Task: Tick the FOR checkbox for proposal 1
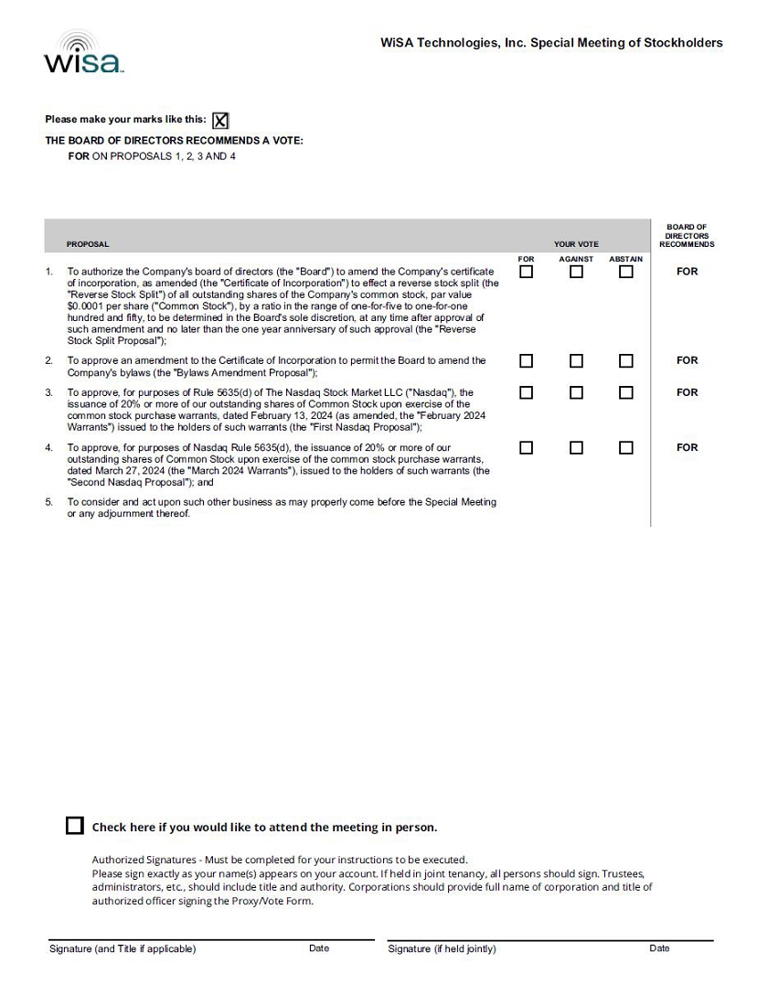tap(526, 272)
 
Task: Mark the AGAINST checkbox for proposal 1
tap(576, 272)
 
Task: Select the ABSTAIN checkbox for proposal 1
tap(625, 272)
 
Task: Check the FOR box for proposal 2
tap(526, 361)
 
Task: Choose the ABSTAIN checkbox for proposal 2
tap(625, 361)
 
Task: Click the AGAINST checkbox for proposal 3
tap(576, 393)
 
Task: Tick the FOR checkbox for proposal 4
tap(526, 448)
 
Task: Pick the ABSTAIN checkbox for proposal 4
tap(625, 448)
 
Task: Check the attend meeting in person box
tap(75, 826)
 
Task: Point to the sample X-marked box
tap(220, 121)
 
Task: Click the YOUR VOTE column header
tap(576, 244)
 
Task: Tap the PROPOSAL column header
tap(88, 244)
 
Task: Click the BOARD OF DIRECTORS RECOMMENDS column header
tap(687, 236)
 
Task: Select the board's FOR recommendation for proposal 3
tap(687, 392)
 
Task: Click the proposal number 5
tap(49, 502)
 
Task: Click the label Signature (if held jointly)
tap(442, 949)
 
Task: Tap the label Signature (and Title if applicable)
tap(123, 949)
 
